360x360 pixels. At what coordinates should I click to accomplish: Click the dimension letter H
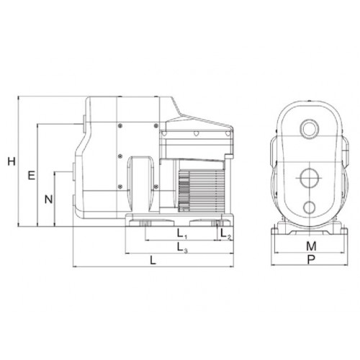[12, 161]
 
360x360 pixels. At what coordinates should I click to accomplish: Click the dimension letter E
[32, 176]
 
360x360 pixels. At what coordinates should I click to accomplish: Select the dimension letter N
[49, 199]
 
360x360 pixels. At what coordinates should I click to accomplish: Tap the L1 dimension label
[182, 234]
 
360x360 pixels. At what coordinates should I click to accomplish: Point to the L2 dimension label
[225, 234]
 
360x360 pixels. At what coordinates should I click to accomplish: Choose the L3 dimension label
[182, 247]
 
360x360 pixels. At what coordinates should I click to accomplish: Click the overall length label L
[153, 261]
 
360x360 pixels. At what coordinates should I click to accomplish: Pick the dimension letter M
[311, 246]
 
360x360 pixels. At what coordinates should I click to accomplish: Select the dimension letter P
[311, 259]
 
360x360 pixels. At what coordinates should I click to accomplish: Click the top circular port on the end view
[310, 130]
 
